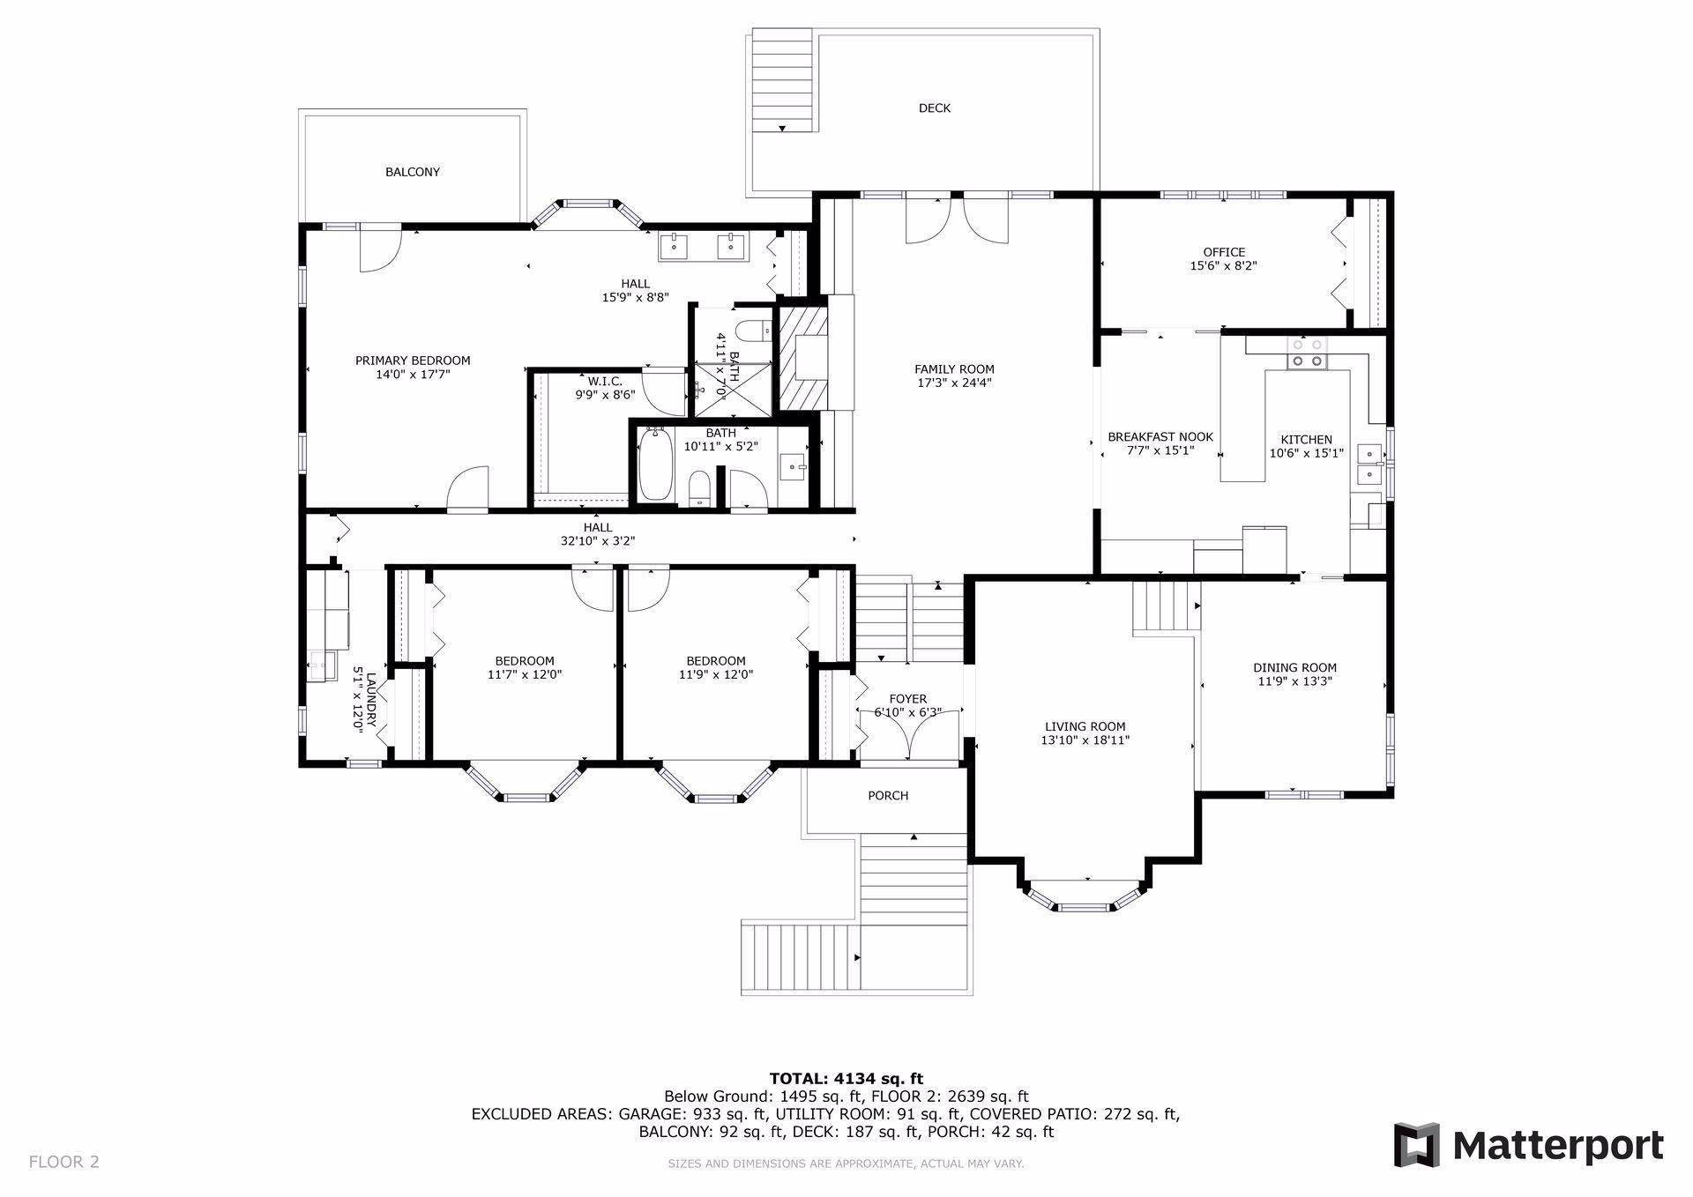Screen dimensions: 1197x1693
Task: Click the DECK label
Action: point(934,108)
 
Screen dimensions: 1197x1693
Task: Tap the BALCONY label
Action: point(412,172)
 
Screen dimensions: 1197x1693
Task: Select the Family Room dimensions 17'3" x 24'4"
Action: point(954,383)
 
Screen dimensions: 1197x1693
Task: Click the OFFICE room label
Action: point(1223,252)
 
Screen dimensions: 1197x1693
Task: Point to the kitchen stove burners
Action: point(1306,353)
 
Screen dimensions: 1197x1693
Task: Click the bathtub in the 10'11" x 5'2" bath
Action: point(654,464)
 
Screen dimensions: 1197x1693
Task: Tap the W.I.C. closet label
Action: point(605,381)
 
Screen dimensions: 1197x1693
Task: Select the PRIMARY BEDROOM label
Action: point(412,361)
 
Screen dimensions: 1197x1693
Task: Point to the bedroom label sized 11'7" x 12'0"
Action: point(524,661)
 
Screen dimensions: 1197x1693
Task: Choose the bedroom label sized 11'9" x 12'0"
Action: point(715,661)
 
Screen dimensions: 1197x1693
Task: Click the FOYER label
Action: point(907,699)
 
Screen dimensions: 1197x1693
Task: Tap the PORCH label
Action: point(887,796)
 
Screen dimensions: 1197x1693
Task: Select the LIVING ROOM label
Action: point(1084,726)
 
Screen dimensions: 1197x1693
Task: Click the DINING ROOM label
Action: point(1294,668)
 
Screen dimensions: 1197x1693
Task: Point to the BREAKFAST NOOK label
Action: point(1160,437)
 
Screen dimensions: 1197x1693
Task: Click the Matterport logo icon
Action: point(1416,1145)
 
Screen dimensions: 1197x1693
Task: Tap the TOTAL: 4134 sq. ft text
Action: point(846,1078)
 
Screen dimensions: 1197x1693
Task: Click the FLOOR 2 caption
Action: point(64,1162)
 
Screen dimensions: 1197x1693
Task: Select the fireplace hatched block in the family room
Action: point(802,357)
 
